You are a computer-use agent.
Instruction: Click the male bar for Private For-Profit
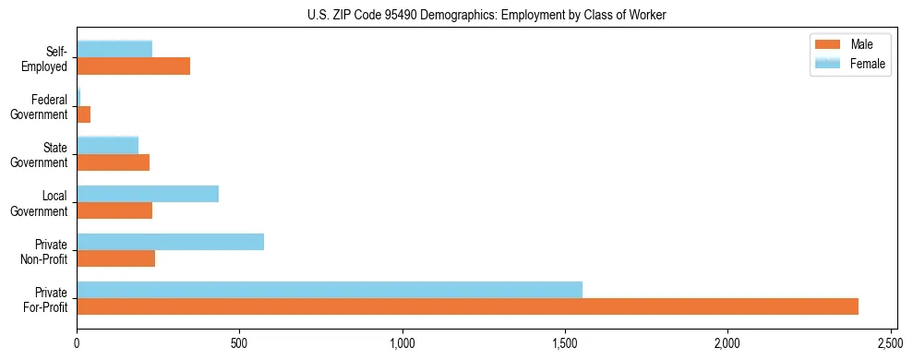pyautogui.click(x=467, y=306)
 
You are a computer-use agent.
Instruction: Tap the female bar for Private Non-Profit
pyautogui.click(x=170, y=242)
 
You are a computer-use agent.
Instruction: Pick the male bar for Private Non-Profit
pyautogui.click(x=116, y=258)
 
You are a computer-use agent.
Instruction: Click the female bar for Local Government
pyautogui.click(x=148, y=194)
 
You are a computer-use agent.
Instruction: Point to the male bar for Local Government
pyautogui.click(x=114, y=210)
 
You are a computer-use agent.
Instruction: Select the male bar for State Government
pyautogui.click(x=114, y=162)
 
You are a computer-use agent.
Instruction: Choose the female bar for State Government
pyautogui.click(x=108, y=146)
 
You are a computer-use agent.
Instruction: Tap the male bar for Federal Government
pyautogui.click(x=84, y=114)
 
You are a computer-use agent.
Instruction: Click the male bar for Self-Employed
pyautogui.click(x=134, y=66)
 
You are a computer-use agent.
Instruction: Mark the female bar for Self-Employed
pyautogui.click(x=114, y=50)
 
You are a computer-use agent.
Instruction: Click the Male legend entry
pyautogui.click(x=848, y=44)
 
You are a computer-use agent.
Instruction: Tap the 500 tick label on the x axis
pyautogui.click(x=239, y=343)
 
